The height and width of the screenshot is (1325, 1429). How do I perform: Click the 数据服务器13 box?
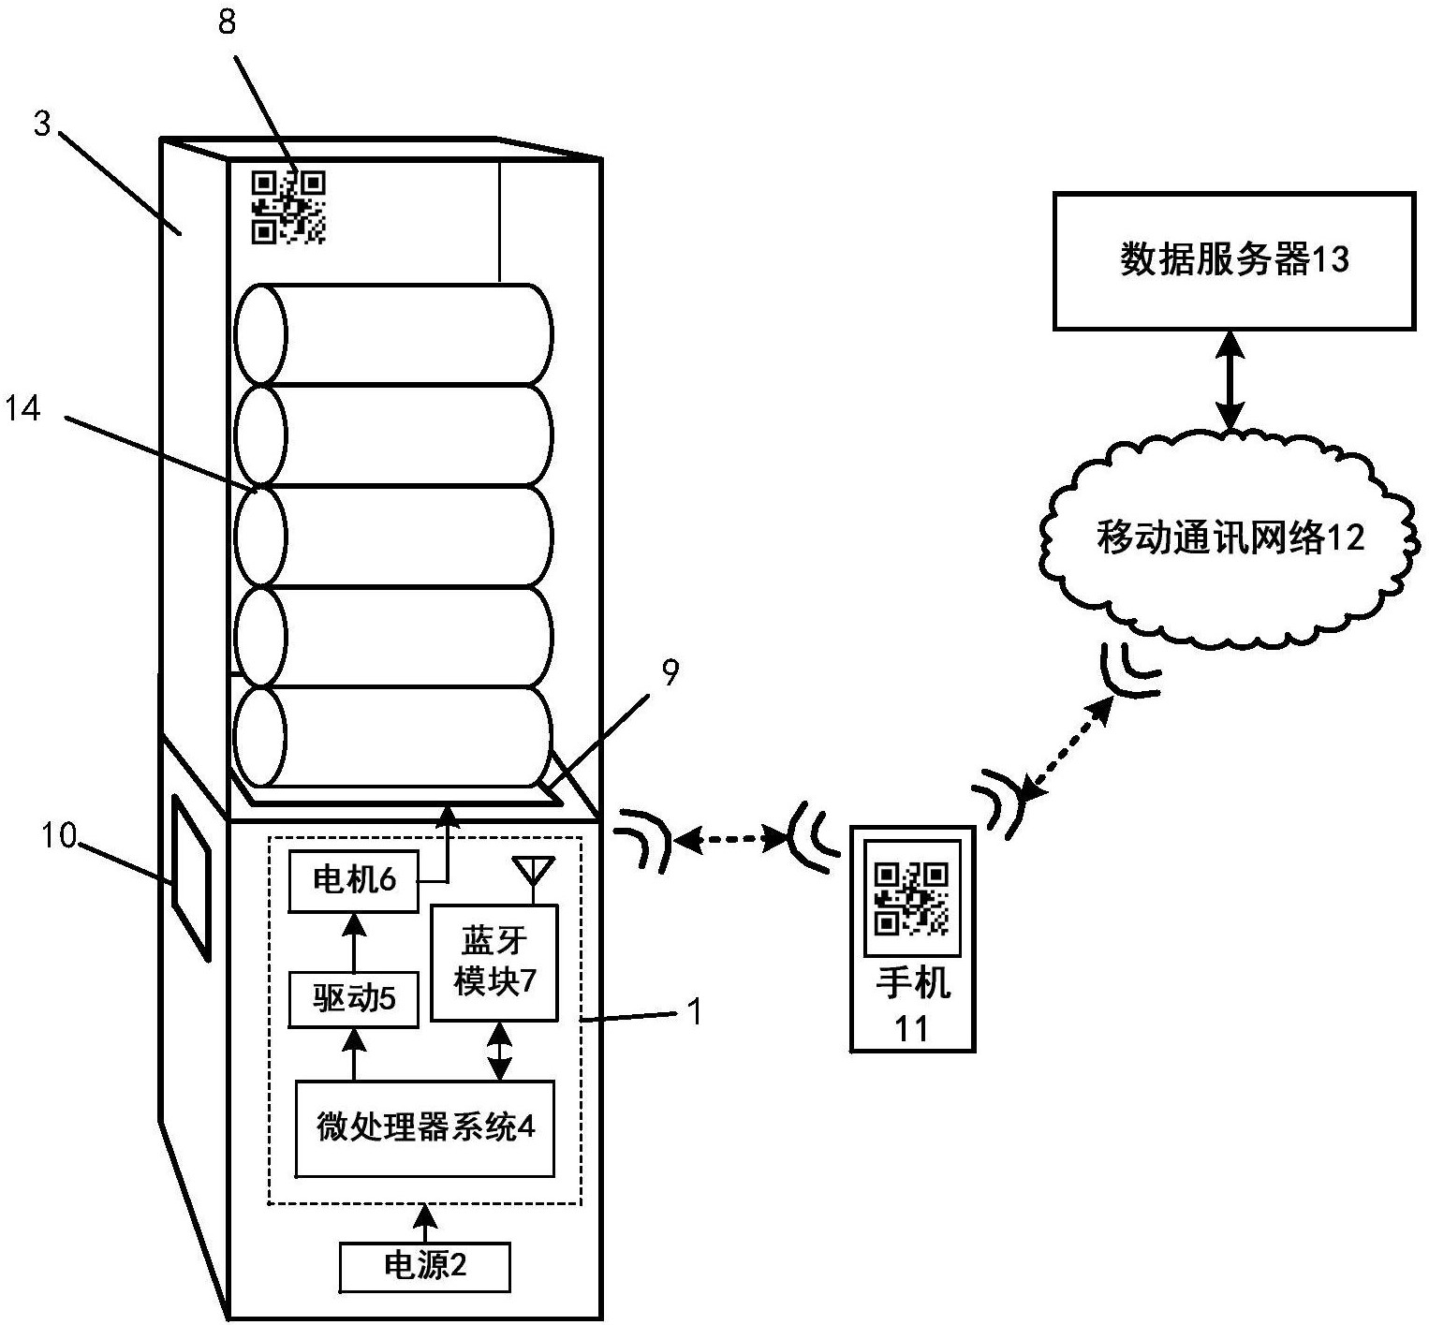point(1233,260)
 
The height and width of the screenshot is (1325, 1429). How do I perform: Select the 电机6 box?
point(353,880)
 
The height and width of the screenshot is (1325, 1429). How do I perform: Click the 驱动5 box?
point(353,999)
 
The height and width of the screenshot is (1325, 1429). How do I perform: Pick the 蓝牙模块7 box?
point(494,962)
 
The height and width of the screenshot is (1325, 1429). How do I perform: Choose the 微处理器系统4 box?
point(424,1128)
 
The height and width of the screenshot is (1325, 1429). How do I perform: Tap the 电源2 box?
point(425,1267)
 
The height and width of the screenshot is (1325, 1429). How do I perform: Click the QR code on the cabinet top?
point(288,207)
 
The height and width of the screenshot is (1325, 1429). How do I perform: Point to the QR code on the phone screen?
point(911,898)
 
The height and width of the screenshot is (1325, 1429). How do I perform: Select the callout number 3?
point(43,125)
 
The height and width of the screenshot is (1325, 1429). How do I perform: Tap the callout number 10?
point(57,834)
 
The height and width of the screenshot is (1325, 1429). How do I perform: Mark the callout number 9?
point(670,673)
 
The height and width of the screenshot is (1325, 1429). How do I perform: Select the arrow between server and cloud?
point(1230,380)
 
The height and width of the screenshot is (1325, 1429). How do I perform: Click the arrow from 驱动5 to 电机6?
point(353,942)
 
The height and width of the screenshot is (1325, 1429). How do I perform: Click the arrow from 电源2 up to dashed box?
point(426,1223)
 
